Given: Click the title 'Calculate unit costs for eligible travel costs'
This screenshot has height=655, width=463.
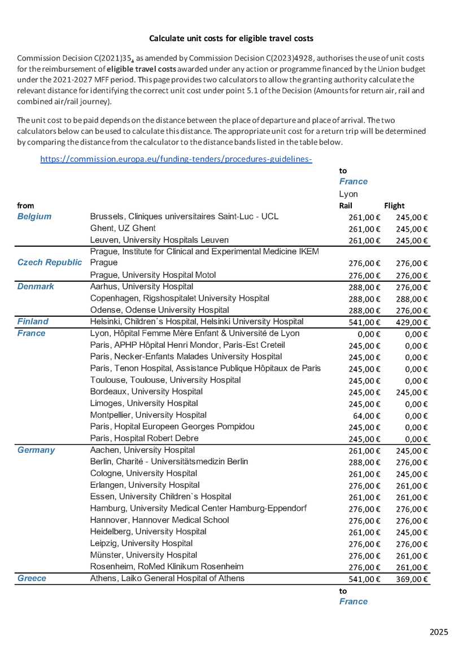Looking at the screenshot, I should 231,38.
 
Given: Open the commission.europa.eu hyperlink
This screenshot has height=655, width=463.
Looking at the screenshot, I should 176,159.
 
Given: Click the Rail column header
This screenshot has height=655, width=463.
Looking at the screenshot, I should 345,206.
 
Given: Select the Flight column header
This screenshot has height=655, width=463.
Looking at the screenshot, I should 394,206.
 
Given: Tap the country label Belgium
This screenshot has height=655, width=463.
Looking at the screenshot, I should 34,216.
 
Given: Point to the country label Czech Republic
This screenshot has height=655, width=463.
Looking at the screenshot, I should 50,263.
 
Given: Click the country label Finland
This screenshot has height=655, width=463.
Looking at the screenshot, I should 33,321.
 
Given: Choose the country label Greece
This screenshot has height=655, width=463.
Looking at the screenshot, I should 32,578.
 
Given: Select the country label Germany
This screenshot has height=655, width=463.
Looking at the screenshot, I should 36,450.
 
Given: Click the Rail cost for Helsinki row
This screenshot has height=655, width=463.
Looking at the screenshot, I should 365,322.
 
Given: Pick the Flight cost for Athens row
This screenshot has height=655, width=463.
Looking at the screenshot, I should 412,579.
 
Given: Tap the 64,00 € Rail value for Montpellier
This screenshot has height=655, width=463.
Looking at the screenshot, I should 368,416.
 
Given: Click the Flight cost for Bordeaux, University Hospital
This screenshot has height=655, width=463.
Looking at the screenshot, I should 412,392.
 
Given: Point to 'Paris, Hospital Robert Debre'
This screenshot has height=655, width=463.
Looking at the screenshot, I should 144,438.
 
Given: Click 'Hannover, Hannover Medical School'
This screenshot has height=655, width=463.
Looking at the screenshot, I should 159,520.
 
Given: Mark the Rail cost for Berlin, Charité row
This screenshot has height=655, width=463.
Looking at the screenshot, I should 365,462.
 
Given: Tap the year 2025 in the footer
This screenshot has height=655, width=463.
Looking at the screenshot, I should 438,632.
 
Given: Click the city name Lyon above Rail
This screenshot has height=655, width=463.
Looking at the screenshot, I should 348,194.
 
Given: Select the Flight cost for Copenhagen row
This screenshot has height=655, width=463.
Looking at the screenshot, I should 412,299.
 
